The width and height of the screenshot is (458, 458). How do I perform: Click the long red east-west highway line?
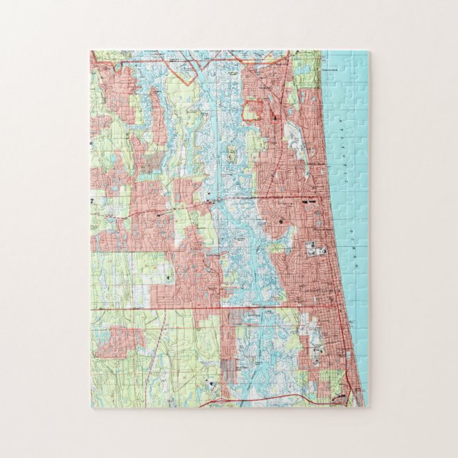(213, 309)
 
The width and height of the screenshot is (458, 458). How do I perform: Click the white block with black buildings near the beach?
(313, 250)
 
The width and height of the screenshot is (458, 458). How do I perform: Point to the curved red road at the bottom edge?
(270, 403)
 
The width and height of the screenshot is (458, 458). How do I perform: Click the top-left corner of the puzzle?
(90, 51)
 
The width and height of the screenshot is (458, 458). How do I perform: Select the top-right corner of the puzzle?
(369, 51)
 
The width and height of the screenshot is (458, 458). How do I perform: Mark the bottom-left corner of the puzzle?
(90, 408)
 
